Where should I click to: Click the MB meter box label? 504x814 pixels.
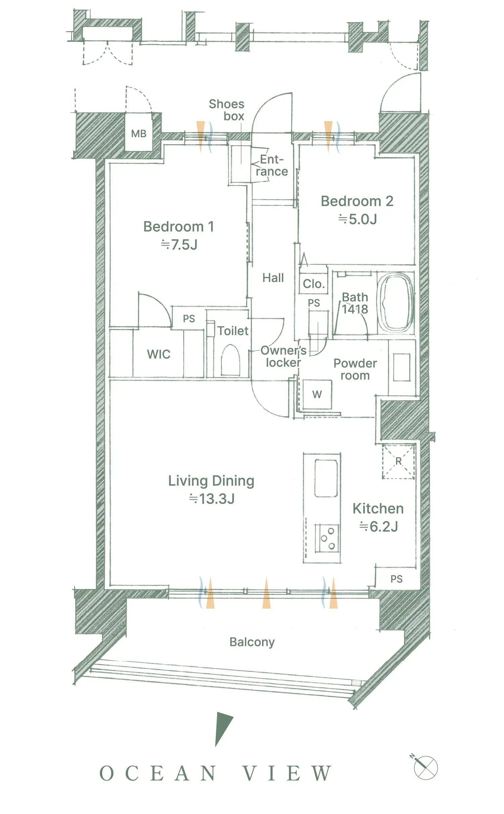(139, 134)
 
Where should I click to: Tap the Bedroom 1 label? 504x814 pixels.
(179, 227)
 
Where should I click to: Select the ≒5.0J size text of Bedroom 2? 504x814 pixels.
(358, 219)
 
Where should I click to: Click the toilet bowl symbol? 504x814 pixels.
(230, 360)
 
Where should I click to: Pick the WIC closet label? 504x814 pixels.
(159, 354)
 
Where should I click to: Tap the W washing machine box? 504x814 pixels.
(317, 394)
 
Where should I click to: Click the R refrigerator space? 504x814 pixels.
(398, 461)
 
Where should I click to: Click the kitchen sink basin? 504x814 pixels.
(326, 478)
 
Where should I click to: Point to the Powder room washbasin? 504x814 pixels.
(402, 367)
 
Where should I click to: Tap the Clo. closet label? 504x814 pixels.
(314, 284)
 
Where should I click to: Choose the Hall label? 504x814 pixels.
(273, 278)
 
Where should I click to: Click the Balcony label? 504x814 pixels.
(252, 642)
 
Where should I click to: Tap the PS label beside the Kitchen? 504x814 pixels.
(396, 579)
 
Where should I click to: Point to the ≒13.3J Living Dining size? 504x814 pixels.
(212, 499)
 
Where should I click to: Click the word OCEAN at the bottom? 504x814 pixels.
(158, 773)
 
